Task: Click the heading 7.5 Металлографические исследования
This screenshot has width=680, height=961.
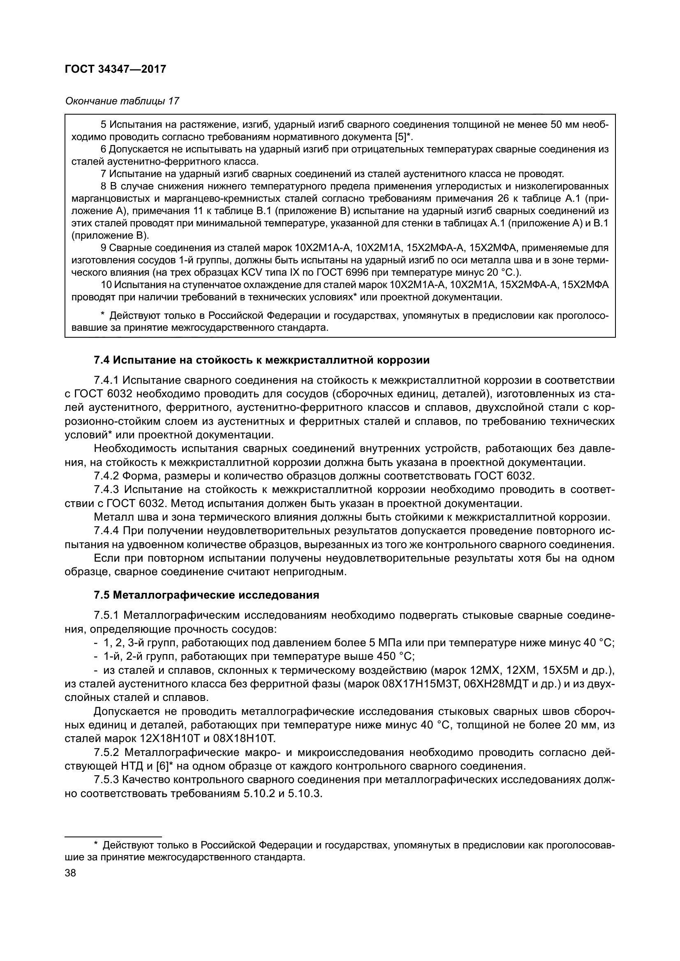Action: pos(206,595)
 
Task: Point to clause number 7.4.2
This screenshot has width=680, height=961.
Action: pos(107,476)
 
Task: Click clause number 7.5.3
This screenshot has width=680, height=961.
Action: pos(107,780)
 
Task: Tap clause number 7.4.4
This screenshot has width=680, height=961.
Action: pos(107,531)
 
